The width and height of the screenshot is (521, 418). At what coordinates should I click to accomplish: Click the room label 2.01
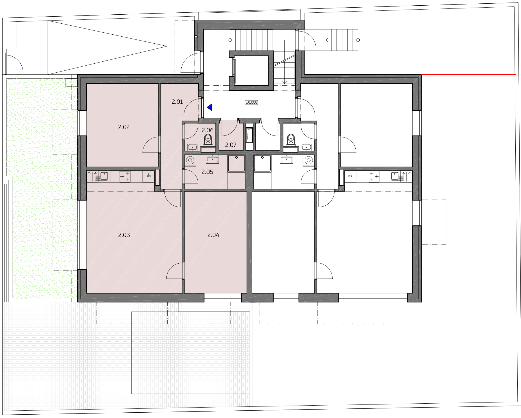(x=177, y=102)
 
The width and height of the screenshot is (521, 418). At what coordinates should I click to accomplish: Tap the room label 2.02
(x=124, y=127)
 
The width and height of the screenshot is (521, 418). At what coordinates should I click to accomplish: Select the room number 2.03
(x=124, y=235)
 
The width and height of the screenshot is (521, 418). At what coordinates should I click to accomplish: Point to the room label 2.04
(x=213, y=235)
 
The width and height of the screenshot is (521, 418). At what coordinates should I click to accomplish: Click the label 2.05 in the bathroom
(x=207, y=172)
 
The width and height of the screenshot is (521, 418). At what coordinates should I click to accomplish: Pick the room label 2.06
(x=208, y=130)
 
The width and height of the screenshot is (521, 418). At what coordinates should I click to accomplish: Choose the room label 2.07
(x=231, y=145)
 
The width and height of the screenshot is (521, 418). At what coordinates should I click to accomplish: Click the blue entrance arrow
(x=209, y=107)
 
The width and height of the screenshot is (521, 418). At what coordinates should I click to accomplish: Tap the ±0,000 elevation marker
(x=251, y=102)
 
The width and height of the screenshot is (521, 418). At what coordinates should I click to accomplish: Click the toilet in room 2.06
(x=208, y=139)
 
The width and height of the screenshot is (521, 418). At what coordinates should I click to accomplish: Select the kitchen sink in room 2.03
(x=101, y=176)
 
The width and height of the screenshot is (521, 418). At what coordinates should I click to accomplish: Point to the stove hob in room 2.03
(x=125, y=177)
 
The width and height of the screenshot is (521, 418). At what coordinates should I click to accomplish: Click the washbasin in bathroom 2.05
(x=212, y=160)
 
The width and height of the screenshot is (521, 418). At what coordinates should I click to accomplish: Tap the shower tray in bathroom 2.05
(x=236, y=163)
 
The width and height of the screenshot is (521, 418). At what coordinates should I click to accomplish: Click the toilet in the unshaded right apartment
(x=290, y=139)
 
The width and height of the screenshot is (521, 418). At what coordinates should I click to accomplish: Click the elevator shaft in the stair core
(x=251, y=70)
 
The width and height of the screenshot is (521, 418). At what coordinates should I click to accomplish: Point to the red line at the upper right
(x=468, y=75)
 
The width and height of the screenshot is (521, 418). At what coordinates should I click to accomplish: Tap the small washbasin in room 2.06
(x=193, y=147)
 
